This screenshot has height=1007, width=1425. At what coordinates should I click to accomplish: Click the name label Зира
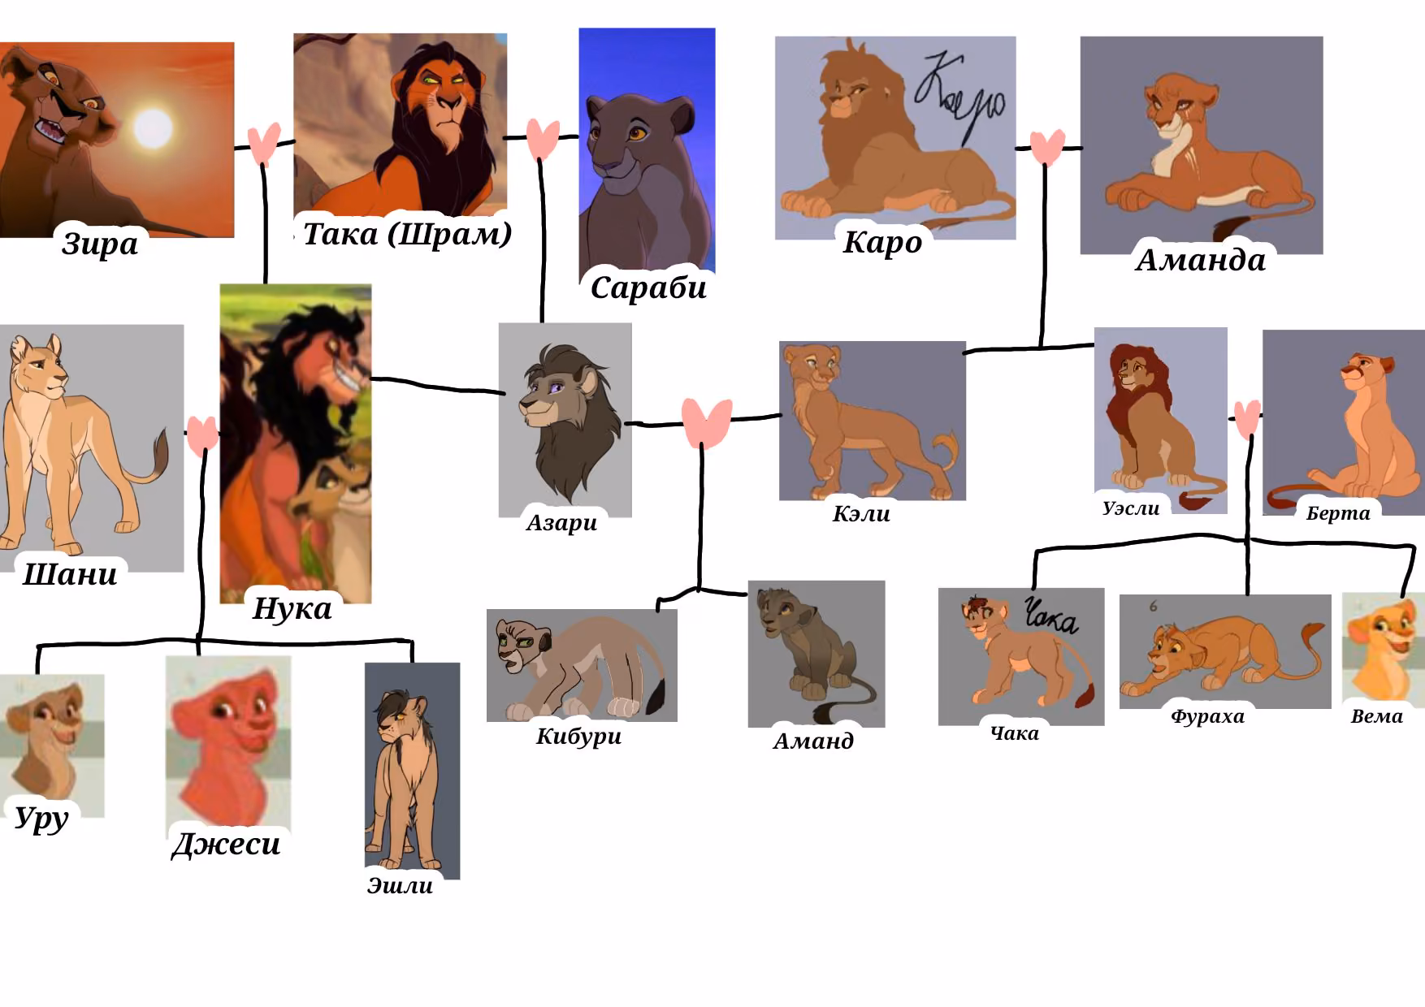click(100, 244)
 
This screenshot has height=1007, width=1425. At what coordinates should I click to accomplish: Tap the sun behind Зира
click(153, 127)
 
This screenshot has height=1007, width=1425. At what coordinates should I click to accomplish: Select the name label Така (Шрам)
click(407, 234)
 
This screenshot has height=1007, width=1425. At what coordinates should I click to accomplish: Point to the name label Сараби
click(648, 287)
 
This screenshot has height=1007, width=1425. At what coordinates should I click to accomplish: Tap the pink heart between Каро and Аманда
click(1047, 147)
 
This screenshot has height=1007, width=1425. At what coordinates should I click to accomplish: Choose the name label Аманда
click(1200, 260)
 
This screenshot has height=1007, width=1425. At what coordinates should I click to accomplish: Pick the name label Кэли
click(861, 513)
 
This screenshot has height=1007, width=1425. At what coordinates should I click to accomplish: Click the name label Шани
click(70, 574)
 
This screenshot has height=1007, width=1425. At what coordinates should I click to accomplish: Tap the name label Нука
click(292, 608)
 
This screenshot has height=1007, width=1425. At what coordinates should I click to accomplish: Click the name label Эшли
click(400, 885)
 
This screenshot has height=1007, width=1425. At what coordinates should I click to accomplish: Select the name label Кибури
click(578, 737)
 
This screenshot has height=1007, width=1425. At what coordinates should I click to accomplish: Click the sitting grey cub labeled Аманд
click(816, 653)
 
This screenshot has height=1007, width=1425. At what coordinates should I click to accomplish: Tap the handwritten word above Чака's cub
click(1050, 616)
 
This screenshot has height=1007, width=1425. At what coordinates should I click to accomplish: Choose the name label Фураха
click(1207, 716)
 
